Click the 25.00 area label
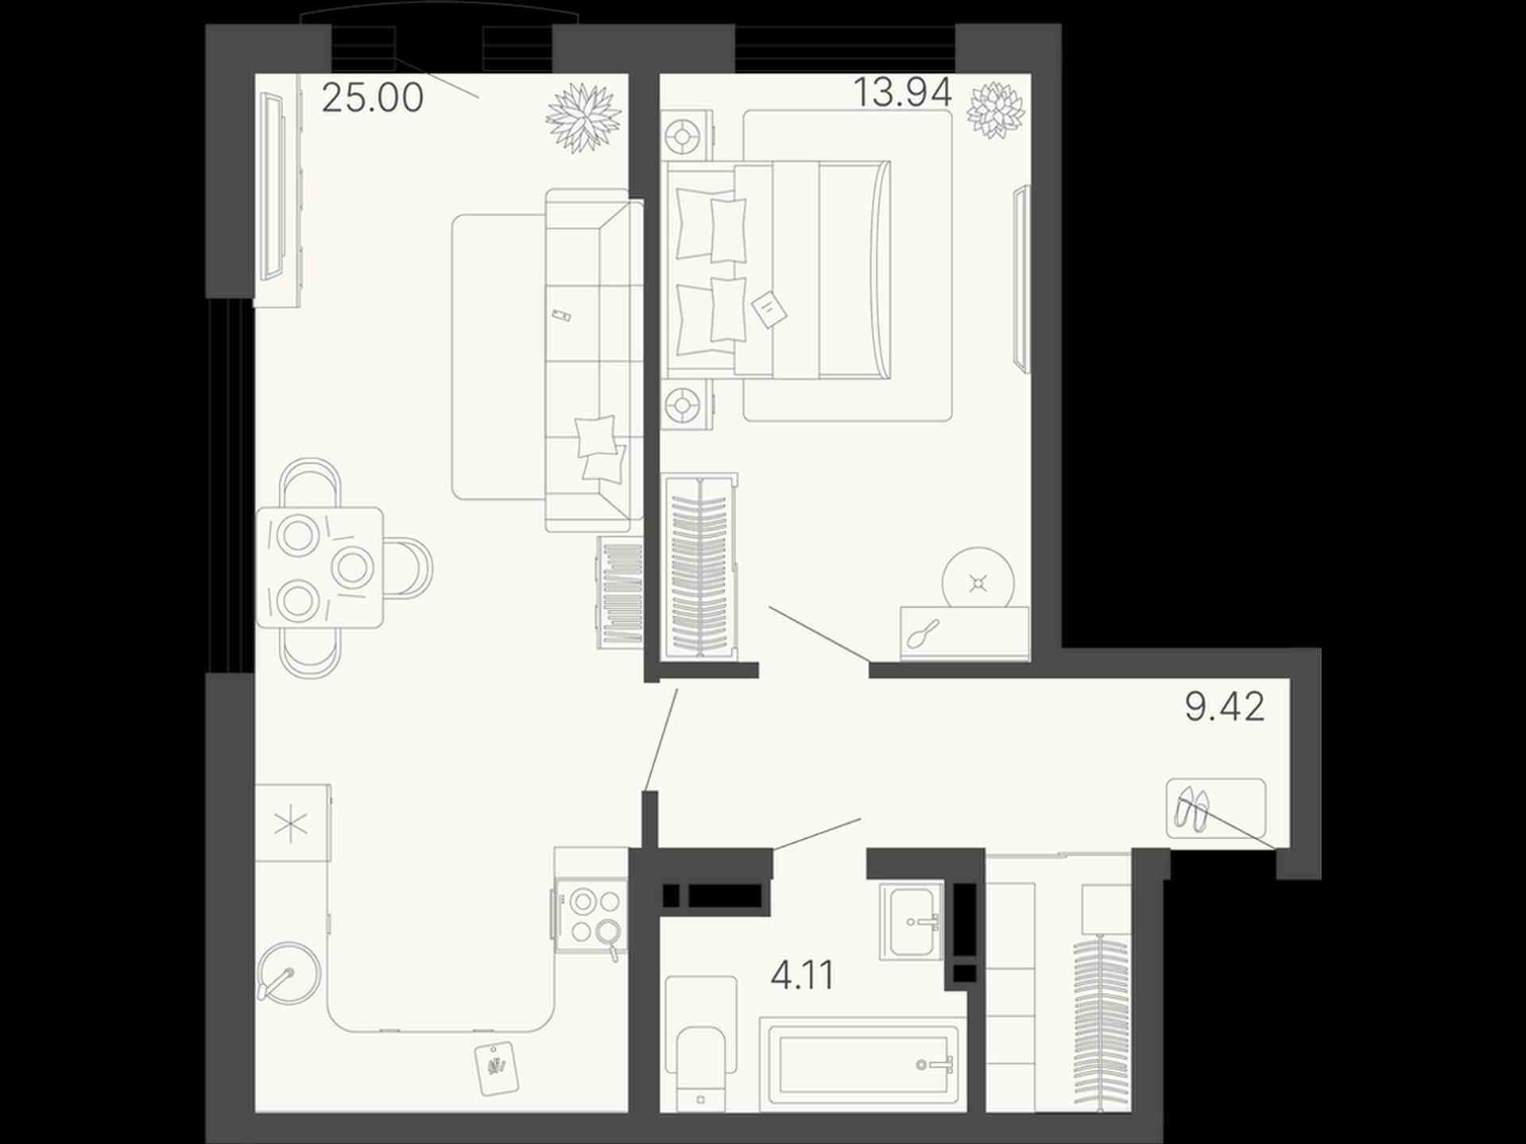coord(372,97)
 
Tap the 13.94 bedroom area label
coord(902,92)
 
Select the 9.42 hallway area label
coord(1224,706)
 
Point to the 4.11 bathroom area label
coord(802,975)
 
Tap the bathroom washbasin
coord(912,922)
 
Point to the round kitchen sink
coord(289,972)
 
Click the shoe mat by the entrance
coord(1215,809)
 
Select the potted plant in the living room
coord(583,118)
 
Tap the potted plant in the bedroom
coord(995,109)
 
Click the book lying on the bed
coord(769,308)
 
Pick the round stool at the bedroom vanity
coord(978,582)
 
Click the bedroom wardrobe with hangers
coord(700,566)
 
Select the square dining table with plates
coord(319,567)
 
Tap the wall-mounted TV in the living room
coord(273,187)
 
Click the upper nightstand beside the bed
coord(686,137)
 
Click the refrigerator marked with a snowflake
coord(292,823)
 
